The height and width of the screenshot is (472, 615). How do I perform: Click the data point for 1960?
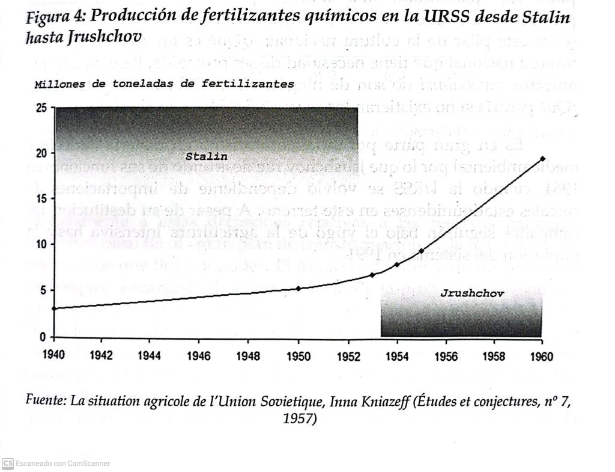coord(543,159)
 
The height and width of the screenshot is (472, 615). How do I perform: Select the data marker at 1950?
coord(298,289)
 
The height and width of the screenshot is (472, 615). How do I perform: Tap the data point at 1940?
coord(54,308)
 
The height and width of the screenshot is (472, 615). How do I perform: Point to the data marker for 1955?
coord(422,251)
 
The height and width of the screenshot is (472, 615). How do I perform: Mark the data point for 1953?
coord(372,275)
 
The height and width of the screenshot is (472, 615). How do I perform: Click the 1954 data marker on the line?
coord(397,265)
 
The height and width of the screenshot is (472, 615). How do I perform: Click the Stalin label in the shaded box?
coord(206,157)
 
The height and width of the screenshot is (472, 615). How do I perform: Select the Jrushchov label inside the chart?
coord(472,294)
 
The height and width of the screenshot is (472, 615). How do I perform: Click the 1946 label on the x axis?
coord(199,356)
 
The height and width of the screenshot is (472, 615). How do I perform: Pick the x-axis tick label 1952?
coord(348,356)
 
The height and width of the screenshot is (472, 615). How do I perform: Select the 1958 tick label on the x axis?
coord(494,356)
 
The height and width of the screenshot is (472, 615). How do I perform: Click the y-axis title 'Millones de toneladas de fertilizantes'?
coord(164,84)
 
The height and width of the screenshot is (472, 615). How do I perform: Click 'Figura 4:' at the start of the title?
coord(58,18)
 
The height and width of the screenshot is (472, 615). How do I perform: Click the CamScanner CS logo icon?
coord(8,463)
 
